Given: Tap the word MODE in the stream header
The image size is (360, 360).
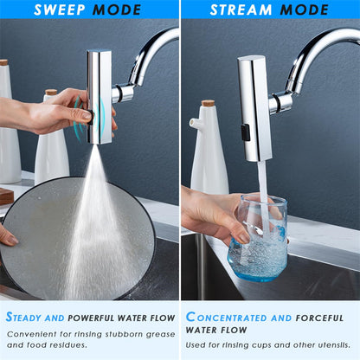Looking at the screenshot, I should [x=302, y=10].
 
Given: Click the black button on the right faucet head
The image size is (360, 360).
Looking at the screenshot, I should [x=245, y=132].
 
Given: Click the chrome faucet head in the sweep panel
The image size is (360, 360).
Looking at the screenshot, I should [x=99, y=95].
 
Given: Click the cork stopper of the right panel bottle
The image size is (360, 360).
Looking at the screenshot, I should [x=208, y=103].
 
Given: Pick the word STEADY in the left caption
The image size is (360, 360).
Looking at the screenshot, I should [x=27, y=318].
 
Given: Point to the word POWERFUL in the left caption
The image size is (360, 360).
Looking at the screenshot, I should [x=96, y=318].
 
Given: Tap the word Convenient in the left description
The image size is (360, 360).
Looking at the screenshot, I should [x=31, y=332].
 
